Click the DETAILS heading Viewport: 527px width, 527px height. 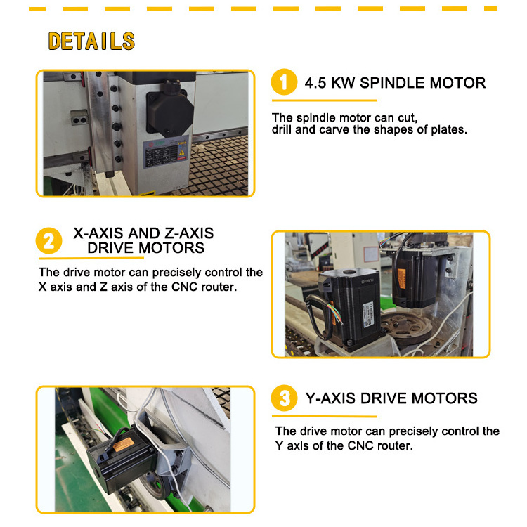(91, 41)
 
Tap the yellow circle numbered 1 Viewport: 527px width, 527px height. (284, 82)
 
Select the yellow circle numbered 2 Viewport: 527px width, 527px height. (48, 240)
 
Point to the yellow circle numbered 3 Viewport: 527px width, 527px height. (285, 398)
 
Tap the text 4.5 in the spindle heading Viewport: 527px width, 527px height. (315, 83)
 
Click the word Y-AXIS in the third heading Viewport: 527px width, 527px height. (330, 398)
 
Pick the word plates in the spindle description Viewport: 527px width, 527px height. (449, 129)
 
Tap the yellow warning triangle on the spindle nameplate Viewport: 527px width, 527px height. (181, 153)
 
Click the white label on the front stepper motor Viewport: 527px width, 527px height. (367, 314)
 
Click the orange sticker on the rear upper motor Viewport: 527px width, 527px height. (401, 279)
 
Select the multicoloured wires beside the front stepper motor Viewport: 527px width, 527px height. (336, 313)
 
